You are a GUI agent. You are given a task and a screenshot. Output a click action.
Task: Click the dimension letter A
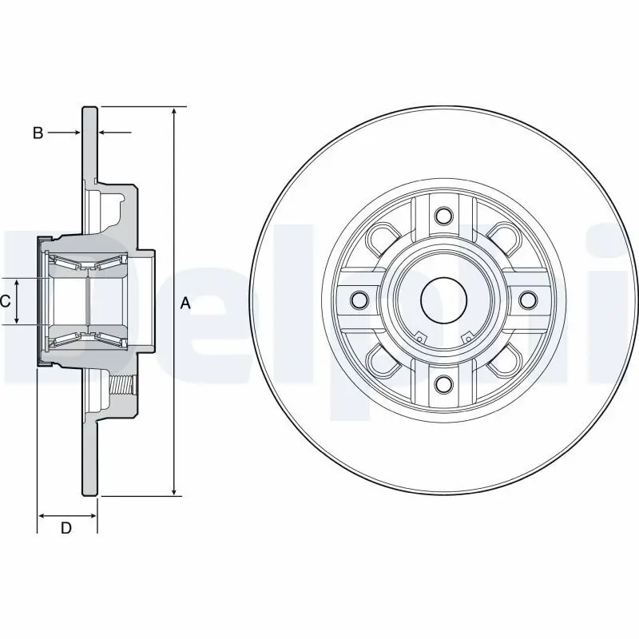pos(186,303)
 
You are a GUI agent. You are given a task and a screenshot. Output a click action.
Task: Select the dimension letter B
pos(38,133)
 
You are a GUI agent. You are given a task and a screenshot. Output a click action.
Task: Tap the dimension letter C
pos(5,301)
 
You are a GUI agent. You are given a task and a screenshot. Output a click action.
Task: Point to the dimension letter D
pos(67,527)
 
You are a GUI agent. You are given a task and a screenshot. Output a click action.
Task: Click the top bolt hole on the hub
pos(443,215)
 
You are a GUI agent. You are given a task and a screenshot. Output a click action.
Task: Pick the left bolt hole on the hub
pos(359,300)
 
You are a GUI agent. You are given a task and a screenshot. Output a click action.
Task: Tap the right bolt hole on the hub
pos(528,300)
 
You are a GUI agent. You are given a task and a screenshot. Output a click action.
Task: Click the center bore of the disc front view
pos(443,300)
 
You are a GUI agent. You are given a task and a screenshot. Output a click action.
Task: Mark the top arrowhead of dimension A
pos(174,110)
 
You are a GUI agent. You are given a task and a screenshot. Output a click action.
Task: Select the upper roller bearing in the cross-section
pos(84,261)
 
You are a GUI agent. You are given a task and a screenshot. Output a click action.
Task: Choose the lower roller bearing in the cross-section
pos(84,341)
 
